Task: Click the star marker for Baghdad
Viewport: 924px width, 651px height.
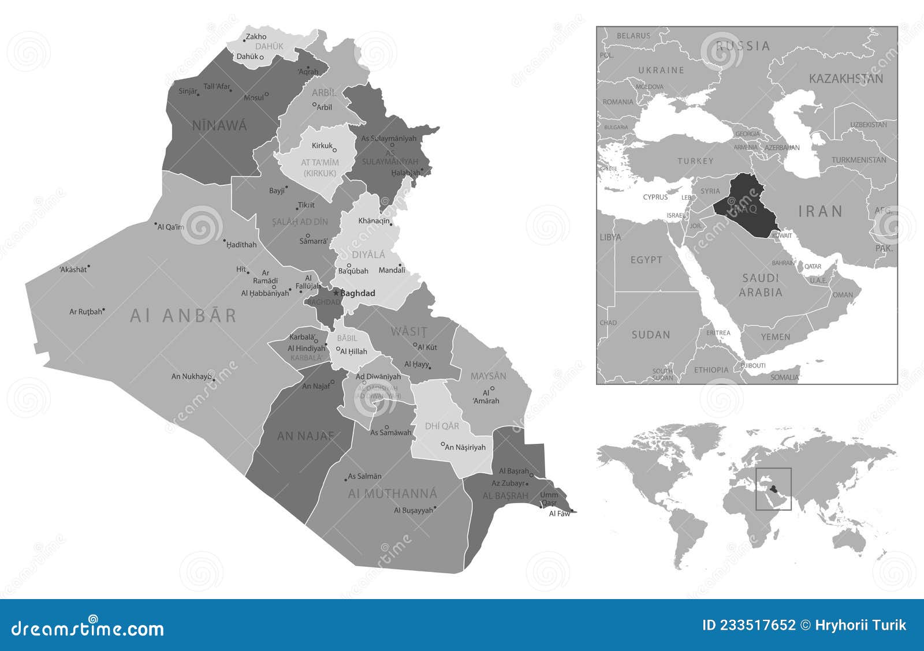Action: coord(336,293)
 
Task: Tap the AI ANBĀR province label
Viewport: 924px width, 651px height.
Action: coord(183,316)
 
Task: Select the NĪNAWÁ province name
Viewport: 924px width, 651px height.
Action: coord(219,125)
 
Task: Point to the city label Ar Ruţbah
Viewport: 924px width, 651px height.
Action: coord(85,312)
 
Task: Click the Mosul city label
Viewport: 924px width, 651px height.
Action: coord(253,98)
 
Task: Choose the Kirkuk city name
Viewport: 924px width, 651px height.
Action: coord(322,145)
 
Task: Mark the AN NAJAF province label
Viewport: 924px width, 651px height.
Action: coord(305,436)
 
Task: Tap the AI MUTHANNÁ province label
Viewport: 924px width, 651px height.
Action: coord(393,494)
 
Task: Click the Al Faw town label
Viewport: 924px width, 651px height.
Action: coord(559,514)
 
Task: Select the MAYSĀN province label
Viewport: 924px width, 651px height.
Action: coord(488,376)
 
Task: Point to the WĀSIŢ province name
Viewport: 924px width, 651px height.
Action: coord(409,332)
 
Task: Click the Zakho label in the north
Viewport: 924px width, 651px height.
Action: coord(256,37)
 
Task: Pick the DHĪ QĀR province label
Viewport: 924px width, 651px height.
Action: coord(442,426)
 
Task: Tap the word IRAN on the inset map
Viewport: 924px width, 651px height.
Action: coord(820,211)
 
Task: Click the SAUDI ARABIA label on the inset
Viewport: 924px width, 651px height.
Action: coord(761,285)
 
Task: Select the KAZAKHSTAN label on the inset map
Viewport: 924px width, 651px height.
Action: coord(846,78)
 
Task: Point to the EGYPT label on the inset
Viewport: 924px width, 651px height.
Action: coord(646,260)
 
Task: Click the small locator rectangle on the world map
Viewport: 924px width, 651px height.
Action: coord(773,489)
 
